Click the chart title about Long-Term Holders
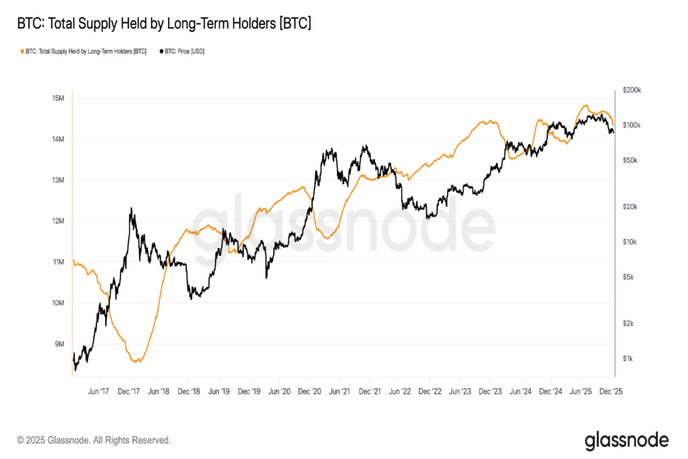164,24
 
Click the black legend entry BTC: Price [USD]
182,51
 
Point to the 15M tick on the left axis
58,98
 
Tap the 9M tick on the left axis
60,344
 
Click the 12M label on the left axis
58,221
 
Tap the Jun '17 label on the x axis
98,392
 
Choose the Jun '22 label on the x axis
400,392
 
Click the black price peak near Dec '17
131,208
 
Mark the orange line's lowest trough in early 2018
138,362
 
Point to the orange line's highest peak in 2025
586,106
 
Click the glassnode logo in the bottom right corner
626,440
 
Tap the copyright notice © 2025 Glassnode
94,440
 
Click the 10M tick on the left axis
58,303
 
